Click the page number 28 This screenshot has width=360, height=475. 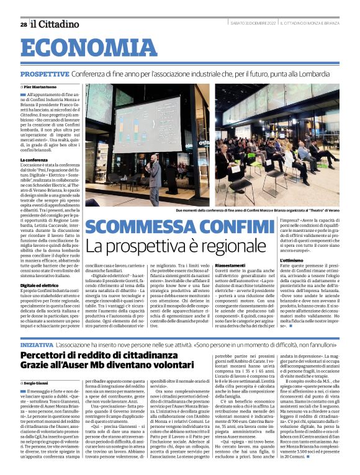pos(23,24)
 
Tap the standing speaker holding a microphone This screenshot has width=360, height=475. pos(155,176)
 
